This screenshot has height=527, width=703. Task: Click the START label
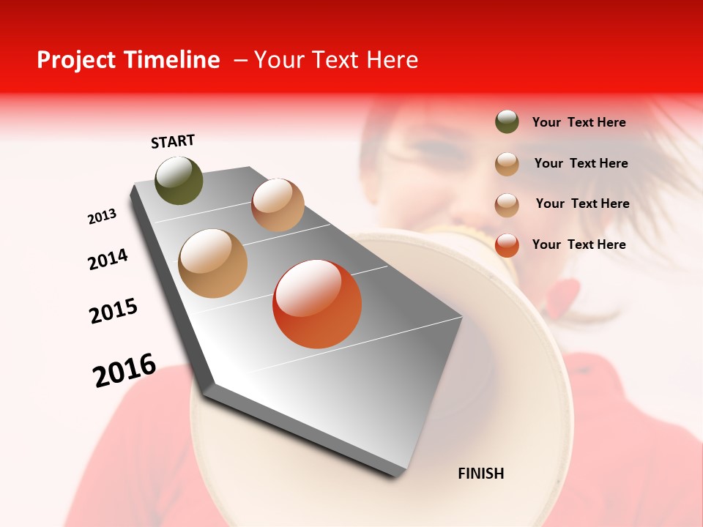[x=173, y=141]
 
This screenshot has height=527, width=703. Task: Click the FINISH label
[x=481, y=474]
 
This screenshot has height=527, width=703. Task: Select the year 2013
[x=102, y=217]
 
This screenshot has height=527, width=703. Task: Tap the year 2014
[x=108, y=259]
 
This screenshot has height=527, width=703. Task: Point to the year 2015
[x=114, y=311]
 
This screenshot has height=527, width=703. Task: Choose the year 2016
[x=124, y=370]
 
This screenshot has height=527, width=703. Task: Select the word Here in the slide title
[x=393, y=60]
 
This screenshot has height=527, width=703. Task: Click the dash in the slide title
[x=239, y=61]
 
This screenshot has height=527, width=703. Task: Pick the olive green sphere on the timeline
[x=179, y=181]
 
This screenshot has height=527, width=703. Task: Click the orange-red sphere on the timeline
[x=317, y=304]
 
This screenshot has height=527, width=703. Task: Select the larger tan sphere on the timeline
[x=213, y=263]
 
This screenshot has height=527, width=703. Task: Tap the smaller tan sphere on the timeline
[x=278, y=205]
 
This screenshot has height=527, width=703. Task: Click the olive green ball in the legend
[x=507, y=122]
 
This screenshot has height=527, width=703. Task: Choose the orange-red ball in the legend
[x=507, y=245]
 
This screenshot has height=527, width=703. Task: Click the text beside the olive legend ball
[x=579, y=123]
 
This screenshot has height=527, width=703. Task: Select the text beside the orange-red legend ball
[x=579, y=244]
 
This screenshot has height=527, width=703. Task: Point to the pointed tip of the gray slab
[x=461, y=318]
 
